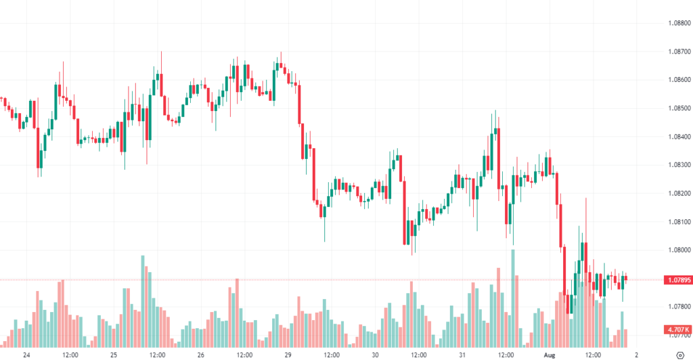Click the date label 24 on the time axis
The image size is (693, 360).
[26, 355]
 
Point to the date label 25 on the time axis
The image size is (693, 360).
[114, 355]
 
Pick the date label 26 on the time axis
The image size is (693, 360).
[201, 355]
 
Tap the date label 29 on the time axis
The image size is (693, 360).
[288, 355]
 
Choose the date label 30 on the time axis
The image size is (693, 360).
[375, 355]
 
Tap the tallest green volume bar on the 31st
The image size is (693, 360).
[512, 298]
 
